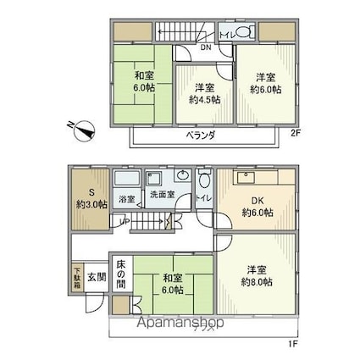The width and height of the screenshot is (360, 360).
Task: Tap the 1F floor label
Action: pyautogui.click(x=293, y=344)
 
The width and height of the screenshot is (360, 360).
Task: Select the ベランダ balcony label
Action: pyautogui.click(x=200, y=136)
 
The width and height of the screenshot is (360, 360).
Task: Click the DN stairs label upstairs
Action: pyautogui.click(x=205, y=47)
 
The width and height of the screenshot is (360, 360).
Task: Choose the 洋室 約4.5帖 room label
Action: pyautogui.click(x=204, y=94)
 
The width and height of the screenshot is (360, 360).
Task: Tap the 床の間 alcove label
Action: pyautogui.click(x=121, y=274)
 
